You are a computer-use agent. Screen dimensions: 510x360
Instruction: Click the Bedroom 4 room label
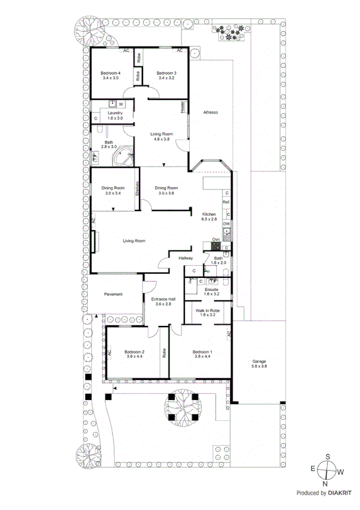point(110,73)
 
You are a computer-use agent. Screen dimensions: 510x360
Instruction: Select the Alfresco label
point(210,112)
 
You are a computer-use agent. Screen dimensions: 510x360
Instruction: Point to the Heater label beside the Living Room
point(183,106)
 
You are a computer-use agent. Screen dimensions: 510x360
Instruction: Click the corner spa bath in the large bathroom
point(124,156)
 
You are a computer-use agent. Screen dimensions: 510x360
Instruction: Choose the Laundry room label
point(115,113)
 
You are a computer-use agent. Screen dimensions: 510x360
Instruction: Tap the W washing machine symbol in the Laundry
point(121,105)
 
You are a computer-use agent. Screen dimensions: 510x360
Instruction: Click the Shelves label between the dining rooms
point(138,189)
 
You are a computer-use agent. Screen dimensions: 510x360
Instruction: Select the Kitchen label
point(209,215)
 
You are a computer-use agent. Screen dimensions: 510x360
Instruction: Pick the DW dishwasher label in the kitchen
point(226,224)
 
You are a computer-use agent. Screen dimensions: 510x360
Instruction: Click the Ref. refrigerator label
point(226,203)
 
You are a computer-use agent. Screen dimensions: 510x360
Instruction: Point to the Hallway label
point(185,258)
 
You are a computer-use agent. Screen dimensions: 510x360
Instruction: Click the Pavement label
point(114,294)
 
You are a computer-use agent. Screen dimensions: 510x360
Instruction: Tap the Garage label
point(259,361)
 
